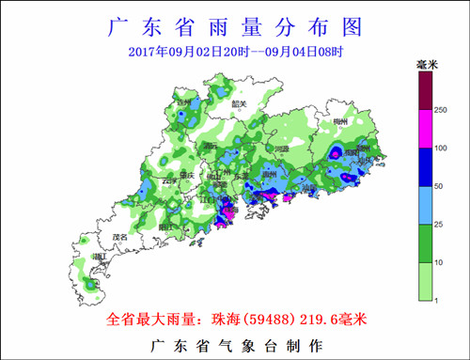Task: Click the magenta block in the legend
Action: pyautogui.click(x=426, y=131)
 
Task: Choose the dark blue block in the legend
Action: pyautogui.click(x=426, y=168)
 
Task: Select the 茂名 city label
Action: pyautogui.click(x=118, y=237)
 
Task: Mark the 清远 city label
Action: pyautogui.click(x=211, y=147)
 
